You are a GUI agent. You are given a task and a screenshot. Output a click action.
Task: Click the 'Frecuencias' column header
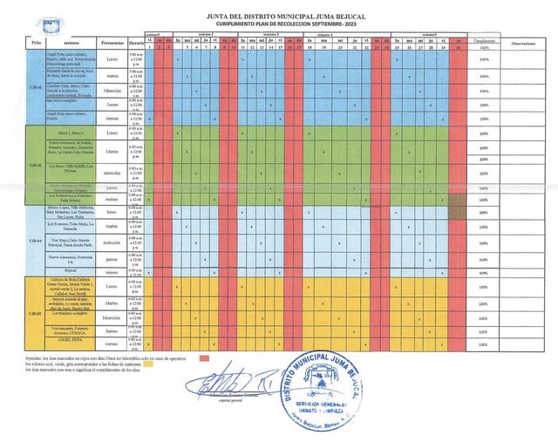[112, 42]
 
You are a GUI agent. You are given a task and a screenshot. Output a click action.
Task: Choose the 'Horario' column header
[135, 42]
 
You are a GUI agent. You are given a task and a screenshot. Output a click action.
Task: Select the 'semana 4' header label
[323, 33]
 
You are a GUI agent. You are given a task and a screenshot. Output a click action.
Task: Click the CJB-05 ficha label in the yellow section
[35, 312]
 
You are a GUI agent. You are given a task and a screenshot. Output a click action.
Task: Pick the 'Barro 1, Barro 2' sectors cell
[71, 133]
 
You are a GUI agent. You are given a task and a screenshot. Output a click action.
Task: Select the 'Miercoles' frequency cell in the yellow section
[112, 318]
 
